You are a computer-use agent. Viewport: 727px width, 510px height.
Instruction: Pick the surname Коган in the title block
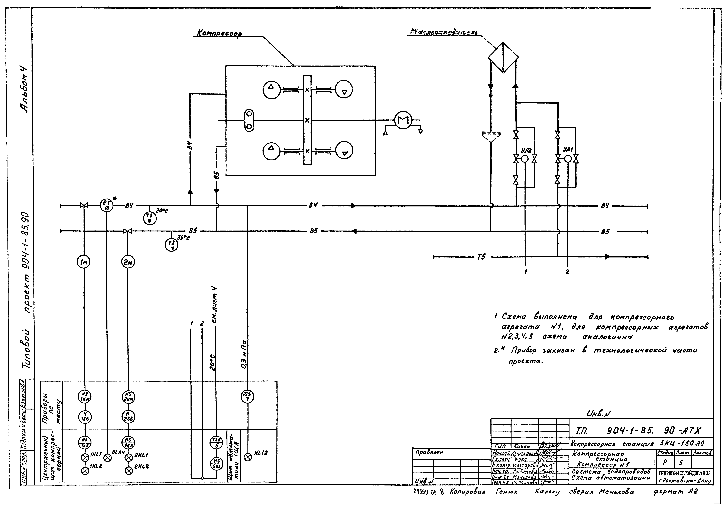tap(521, 446)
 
